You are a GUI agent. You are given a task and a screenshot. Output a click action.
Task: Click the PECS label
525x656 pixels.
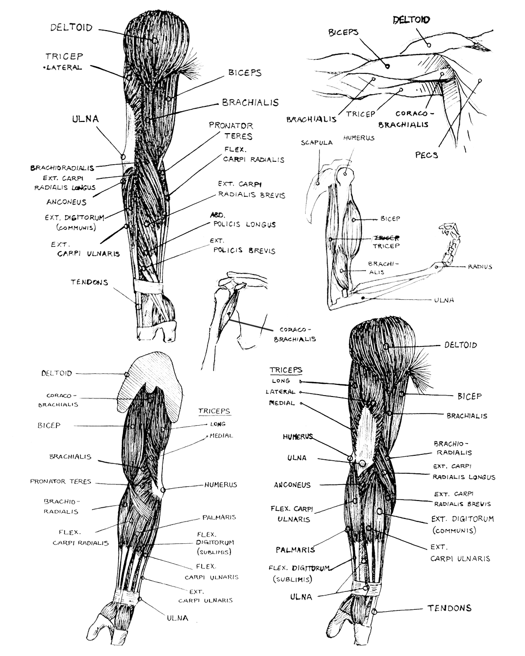pos(426,155)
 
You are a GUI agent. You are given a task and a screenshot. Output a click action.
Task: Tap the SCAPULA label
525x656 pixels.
pos(316,143)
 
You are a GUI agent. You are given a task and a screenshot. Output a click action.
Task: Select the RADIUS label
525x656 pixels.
pos(480,267)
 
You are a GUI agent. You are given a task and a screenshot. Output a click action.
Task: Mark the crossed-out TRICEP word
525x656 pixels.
pos(386,238)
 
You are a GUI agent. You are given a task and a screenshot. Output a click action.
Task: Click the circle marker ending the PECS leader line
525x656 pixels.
pos(480,81)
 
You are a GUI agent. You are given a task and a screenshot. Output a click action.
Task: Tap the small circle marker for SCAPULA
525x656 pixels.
pos(317,183)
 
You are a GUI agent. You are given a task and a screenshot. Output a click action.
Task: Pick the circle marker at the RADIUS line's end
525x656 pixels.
pos(437,267)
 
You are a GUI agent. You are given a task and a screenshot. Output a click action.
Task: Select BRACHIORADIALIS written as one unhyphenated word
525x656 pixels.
pos(62,168)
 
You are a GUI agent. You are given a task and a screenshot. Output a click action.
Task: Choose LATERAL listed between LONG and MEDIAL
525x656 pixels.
pos(280,392)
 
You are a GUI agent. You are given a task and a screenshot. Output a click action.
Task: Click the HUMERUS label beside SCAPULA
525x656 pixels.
pos(359,138)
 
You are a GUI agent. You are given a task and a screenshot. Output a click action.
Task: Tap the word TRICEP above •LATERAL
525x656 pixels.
pos(64,56)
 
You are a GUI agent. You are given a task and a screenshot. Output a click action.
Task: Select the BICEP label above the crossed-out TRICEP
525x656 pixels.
pos(390,219)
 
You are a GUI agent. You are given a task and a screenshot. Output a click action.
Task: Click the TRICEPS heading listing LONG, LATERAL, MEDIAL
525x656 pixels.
pos(286,370)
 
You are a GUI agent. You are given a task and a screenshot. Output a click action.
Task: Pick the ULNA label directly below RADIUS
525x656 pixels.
pos(444,300)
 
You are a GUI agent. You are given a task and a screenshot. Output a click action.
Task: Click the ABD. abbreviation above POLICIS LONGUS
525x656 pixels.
pos(217,215)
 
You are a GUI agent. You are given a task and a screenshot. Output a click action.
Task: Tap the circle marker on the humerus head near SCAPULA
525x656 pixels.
pos(345,174)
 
